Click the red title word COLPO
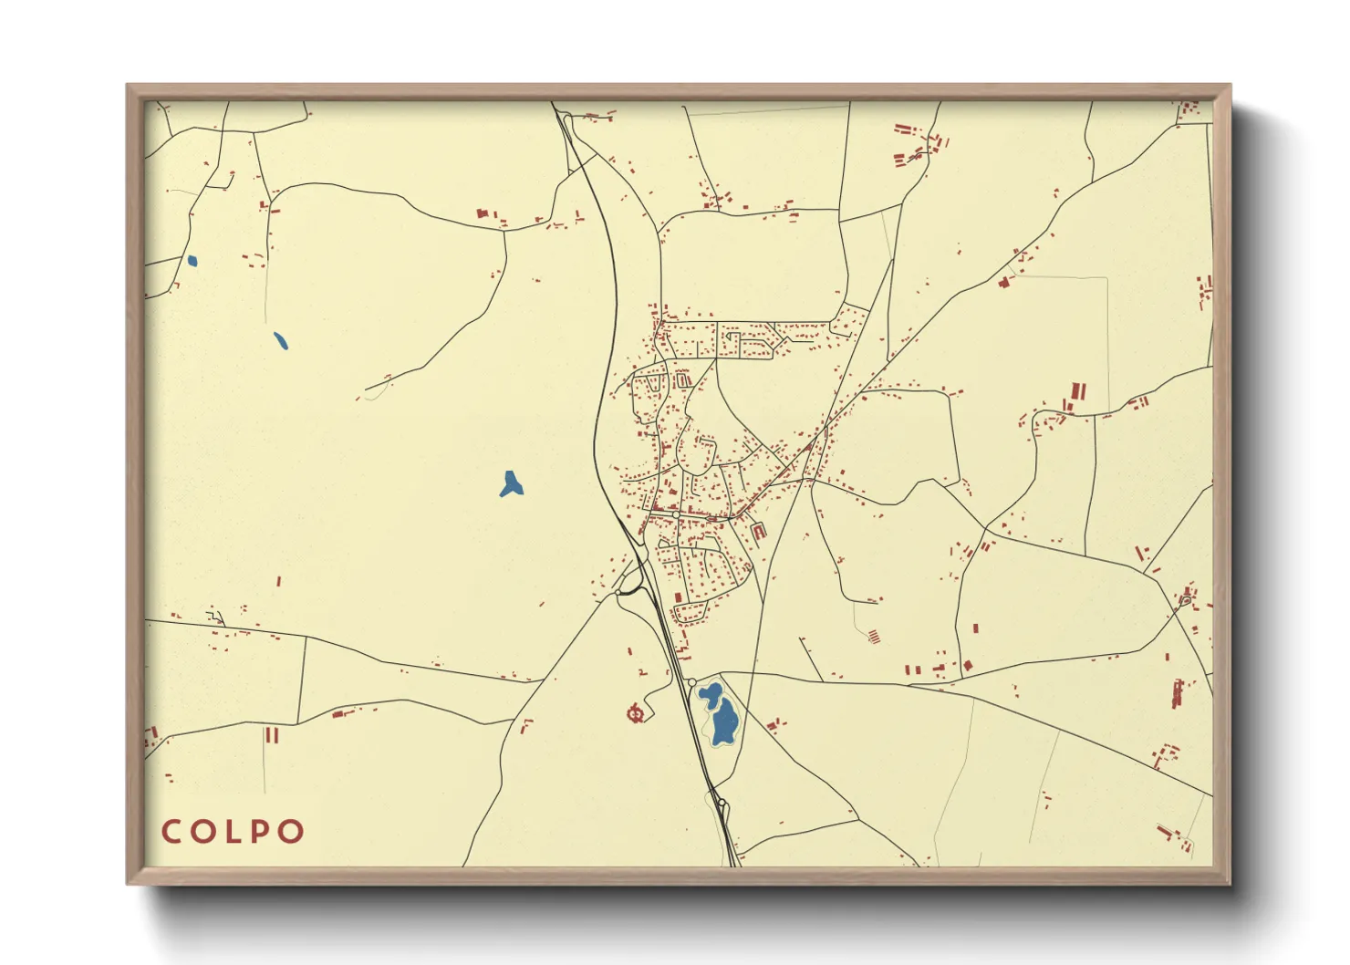click(233, 832)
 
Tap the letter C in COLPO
click(171, 832)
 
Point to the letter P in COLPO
click(261, 832)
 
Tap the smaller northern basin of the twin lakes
click(710, 695)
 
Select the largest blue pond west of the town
click(511, 484)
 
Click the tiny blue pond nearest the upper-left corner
click(192, 261)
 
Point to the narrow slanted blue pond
click(280, 340)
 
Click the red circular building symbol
click(637, 712)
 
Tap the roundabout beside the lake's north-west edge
click(692, 682)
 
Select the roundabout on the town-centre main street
click(675, 515)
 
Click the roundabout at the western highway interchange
click(618, 593)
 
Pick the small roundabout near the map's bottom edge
click(722, 803)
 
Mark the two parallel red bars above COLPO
click(271, 734)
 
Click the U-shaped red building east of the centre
click(758, 531)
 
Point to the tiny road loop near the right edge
click(1185, 599)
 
